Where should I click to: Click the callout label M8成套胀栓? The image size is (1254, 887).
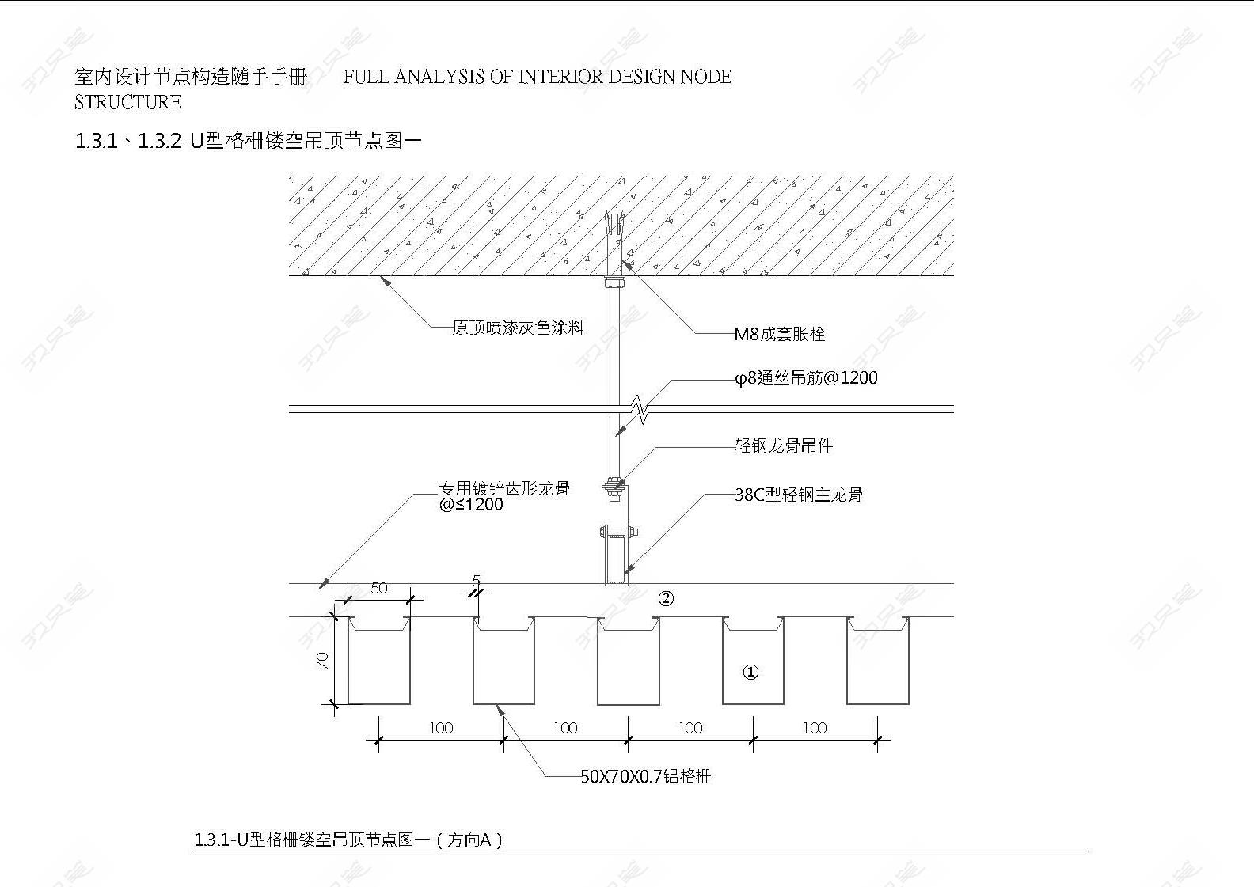tap(779, 334)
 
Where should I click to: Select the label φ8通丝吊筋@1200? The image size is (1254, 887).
tap(806, 378)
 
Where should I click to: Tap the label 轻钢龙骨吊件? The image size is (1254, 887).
tap(784, 445)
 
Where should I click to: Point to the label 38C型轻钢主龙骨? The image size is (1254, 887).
tap(799, 495)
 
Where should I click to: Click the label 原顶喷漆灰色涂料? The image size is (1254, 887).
tap(518, 328)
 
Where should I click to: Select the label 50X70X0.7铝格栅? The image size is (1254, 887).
tap(645, 776)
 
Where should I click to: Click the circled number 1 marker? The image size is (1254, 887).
tap(750, 672)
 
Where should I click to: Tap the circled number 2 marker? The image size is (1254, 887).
tap(666, 599)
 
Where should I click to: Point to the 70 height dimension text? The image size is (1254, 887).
tap(322, 661)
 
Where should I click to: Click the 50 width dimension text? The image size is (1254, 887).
tap(379, 588)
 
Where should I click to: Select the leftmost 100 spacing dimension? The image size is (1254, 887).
tap(441, 728)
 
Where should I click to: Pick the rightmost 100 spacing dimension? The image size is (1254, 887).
tap(815, 728)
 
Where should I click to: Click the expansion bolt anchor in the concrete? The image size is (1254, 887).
tap(614, 246)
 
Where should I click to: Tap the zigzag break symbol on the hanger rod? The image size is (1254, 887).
tap(640, 409)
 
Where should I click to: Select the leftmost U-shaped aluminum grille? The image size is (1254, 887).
tap(379, 661)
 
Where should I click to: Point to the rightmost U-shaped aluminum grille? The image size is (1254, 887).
tap(878, 661)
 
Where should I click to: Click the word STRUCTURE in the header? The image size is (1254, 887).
tap(127, 102)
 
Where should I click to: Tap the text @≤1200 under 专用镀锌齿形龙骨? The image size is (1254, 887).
tap(471, 505)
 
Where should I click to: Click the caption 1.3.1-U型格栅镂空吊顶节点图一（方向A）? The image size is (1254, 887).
tap(348, 855)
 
